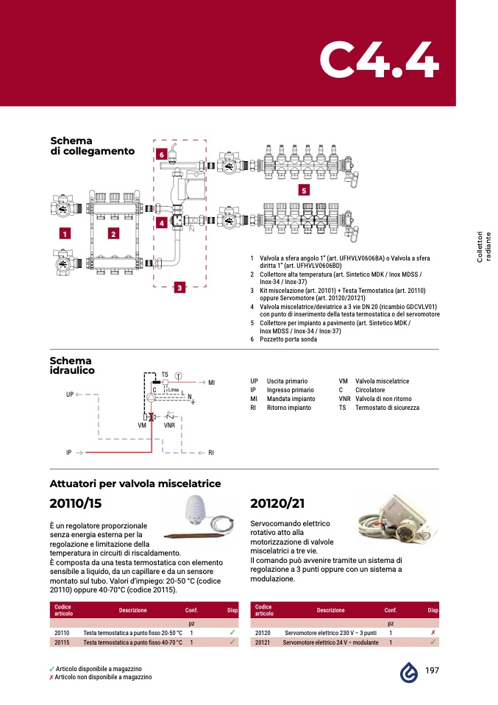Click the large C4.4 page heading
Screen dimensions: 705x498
click(x=379, y=61)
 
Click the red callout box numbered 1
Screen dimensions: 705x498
click(x=65, y=234)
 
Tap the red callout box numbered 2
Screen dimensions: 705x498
click(x=113, y=234)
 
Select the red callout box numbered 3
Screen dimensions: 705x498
click(x=178, y=288)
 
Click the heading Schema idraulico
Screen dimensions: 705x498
click(x=71, y=366)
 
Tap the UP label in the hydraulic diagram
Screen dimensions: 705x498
click(x=70, y=394)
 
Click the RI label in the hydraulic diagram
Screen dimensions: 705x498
click(x=211, y=452)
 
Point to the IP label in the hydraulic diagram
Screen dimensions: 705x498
click(x=68, y=452)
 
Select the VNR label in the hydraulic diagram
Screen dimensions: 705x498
click(x=168, y=425)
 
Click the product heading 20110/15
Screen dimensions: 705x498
click(x=75, y=504)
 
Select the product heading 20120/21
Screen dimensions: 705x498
click(x=277, y=504)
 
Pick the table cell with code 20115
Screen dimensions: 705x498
click(x=62, y=642)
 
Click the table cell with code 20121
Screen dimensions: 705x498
click(x=263, y=642)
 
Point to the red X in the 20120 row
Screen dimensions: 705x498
click(x=433, y=632)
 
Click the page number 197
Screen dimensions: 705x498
click(x=433, y=671)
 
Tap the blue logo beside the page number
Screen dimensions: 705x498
click(x=409, y=671)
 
